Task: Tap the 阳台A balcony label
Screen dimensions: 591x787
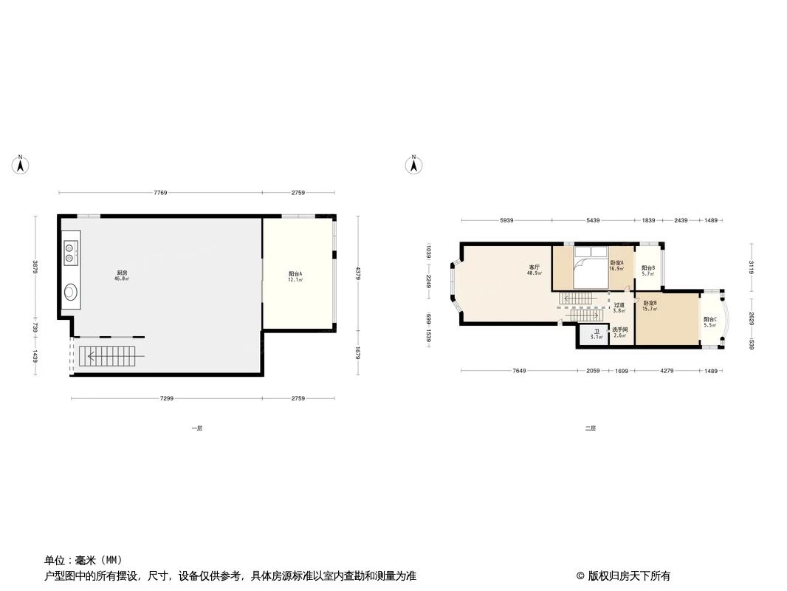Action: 295,274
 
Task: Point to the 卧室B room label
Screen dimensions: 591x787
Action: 650,303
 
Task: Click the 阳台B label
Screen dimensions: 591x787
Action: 648,268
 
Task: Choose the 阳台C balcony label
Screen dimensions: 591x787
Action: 710,319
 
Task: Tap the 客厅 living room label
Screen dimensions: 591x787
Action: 535,267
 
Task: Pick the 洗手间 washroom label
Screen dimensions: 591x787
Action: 619,329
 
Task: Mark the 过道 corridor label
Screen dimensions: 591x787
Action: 619,305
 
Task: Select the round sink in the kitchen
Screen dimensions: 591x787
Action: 70,291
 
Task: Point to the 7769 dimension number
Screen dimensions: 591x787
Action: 161,193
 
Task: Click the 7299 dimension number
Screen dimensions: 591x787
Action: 167,399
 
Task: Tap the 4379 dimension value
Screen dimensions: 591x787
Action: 359,273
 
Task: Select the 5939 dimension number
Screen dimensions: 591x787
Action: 506,220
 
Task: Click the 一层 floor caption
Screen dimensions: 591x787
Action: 196,428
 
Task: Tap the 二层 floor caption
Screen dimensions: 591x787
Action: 590,428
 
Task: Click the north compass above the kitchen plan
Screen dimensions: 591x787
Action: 21,165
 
